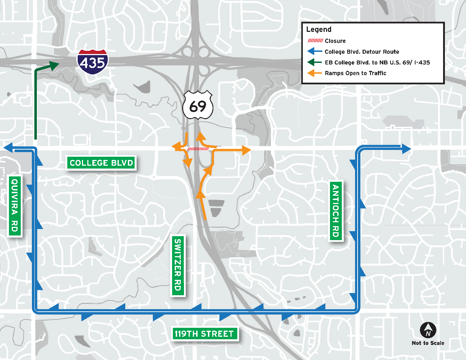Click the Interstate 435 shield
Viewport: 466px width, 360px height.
[92, 62]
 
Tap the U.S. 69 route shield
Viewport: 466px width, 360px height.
[198, 106]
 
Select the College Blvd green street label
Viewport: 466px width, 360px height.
[101, 163]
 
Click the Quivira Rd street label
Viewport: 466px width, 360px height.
[14, 205]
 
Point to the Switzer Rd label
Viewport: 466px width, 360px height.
[178, 265]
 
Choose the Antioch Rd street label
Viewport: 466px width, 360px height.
[335, 211]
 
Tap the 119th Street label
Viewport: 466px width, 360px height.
[204, 334]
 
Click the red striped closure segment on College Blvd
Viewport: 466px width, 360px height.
[198, 149]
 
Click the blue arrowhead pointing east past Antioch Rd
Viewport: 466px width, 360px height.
[406, 149]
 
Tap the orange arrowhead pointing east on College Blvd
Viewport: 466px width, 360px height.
[246, 151]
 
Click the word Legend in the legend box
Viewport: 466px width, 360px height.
[319, 29]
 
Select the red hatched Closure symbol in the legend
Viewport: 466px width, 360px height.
[315, 41]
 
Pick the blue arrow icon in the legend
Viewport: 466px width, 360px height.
[315, 52]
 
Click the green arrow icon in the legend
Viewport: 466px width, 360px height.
[315, 62]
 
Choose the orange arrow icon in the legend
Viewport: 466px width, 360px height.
[315, 73]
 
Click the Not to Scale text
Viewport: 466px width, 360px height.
[428, 343]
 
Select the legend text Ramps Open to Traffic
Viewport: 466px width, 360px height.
[355, 73]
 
